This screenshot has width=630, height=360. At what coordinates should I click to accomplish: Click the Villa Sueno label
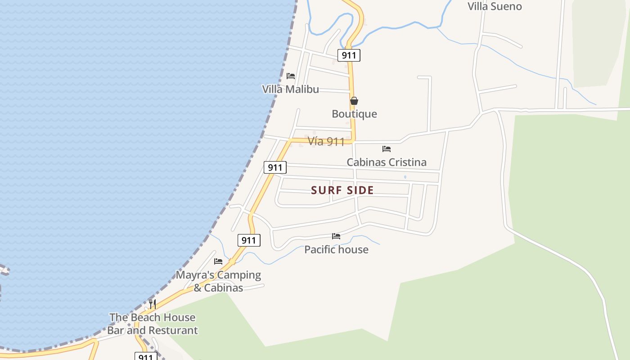(495, 6)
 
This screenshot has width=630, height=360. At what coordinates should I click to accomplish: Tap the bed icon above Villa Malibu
(291, 76)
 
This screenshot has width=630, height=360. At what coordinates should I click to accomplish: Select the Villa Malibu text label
(290, 89)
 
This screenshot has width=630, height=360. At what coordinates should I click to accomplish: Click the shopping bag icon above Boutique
(354, 101)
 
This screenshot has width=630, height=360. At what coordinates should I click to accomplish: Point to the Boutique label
(354, 114)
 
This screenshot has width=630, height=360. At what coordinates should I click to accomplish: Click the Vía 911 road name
(326, 142)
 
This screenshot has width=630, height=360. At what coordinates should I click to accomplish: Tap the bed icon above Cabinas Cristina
(386, 149)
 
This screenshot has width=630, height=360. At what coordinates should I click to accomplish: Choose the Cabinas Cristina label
(386, 162)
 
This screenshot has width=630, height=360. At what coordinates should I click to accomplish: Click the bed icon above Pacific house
(336, 236)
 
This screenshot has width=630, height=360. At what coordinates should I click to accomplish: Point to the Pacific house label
(336, 249)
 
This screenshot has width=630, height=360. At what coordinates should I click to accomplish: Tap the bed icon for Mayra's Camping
(218, 261)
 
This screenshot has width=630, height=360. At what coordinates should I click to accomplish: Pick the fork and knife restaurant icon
(153, 304)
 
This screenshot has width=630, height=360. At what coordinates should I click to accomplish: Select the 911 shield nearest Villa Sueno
(349, 55)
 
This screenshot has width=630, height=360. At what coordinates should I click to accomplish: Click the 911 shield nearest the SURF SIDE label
(274, 168)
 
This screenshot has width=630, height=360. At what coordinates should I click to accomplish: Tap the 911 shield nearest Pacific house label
(248, 240)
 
